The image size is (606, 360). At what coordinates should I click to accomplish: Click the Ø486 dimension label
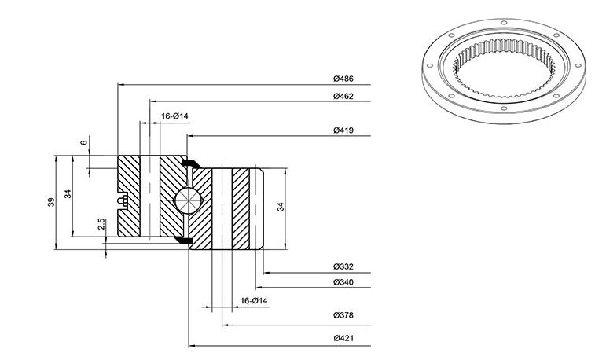coord(343,79)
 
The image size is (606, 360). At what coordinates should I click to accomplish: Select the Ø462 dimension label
coord(343,96)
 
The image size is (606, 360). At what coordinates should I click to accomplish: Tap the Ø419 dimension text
coord(343,130)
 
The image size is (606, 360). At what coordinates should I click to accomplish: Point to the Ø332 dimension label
coord(343,266)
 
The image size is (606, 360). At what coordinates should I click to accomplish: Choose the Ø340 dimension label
coord(343,282)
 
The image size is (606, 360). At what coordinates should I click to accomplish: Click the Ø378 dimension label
coord(343,315)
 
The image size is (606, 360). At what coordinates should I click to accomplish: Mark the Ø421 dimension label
coord(343,338)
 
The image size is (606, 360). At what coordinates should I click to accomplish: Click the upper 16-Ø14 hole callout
coord(174,116)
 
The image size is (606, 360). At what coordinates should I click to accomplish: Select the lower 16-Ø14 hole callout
coord(254,300)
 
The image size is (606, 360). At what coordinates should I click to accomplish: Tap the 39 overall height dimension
coord(51,202)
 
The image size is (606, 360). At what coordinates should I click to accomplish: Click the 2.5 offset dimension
coord(101,224)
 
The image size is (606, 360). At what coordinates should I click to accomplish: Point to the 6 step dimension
coord(84,143)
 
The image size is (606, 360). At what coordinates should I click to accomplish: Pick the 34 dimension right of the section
coord(281,207)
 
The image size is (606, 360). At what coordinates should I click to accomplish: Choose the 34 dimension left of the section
coord(68,193)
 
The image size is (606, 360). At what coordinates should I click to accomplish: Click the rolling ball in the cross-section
coord(188,200)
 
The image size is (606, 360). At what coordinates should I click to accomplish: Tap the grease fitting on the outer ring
coord(123,200)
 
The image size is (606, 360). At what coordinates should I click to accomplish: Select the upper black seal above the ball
coord(191,164)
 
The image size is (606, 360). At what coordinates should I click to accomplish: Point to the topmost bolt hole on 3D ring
coord(504,23)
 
